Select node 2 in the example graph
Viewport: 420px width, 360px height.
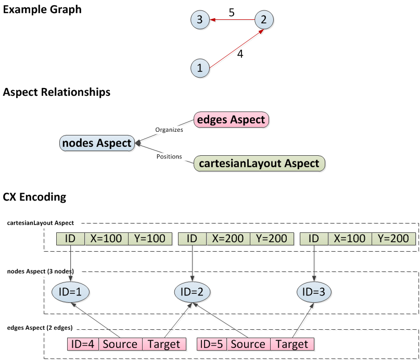(264, 20)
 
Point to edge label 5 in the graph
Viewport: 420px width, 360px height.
(232, 12)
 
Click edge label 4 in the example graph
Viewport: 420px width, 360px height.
(240, 53)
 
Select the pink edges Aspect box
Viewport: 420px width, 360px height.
(231, 120)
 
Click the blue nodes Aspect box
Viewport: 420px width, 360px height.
(96, 143)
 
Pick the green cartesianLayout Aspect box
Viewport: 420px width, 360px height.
(259, 163)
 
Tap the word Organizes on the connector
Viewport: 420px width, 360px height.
(169, 130)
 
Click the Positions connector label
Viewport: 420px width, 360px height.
(169, 156)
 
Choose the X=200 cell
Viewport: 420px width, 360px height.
(228, 239)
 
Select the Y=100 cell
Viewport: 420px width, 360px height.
(150, 239)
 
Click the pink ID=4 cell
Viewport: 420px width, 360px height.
(83, 344)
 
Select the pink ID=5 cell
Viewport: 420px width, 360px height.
(212, 344)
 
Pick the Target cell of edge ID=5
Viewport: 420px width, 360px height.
(292, 344)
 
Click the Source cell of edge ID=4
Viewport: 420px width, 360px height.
(120, 344)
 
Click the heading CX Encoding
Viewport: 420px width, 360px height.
(34, 197)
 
